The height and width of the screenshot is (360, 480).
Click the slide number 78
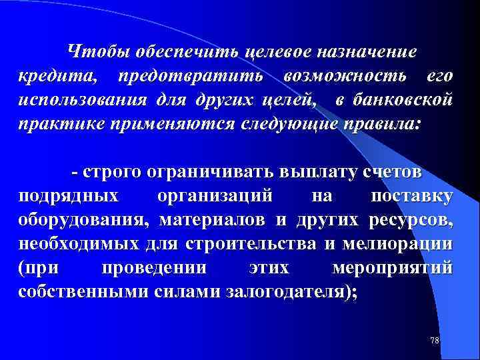point(434,341)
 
